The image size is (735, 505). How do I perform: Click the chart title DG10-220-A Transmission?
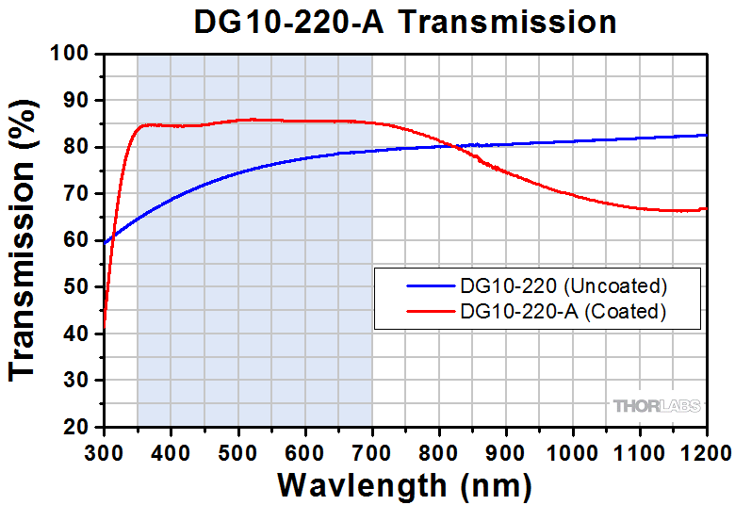tap(405, 21)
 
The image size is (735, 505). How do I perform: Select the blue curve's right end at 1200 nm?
tap(707, 135)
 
